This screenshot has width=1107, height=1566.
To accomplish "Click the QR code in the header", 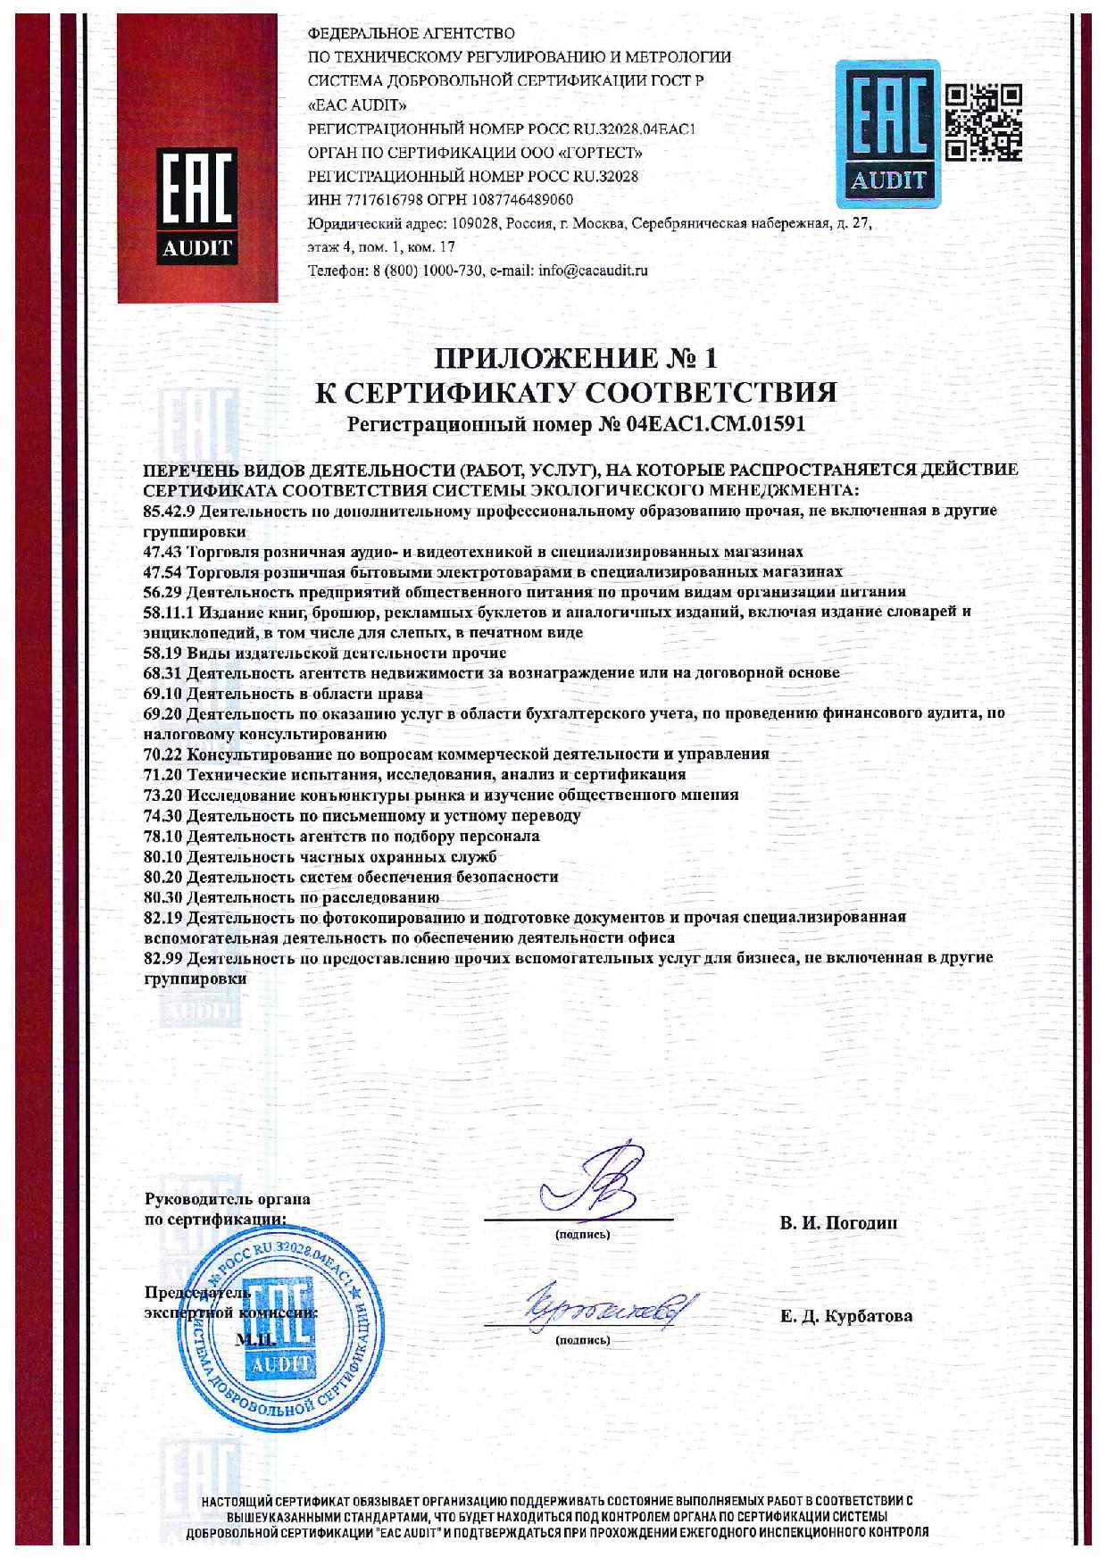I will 983,121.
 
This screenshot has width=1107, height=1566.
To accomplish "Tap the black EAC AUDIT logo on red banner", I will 196,204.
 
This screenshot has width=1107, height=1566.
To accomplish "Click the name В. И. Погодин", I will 838,1223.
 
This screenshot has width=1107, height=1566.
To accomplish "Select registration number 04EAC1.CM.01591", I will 717,424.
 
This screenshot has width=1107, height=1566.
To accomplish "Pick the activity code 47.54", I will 164,571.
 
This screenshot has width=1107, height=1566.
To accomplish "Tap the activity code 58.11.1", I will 169,612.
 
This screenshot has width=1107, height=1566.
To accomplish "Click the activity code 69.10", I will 164,693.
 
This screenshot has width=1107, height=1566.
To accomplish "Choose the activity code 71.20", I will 164,774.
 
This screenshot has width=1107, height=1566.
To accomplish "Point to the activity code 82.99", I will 164,957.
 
